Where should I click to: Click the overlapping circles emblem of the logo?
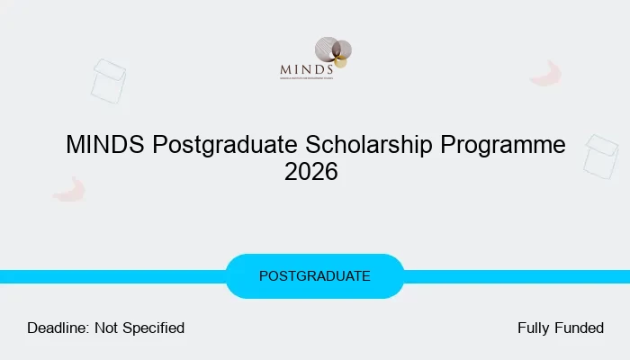(x=332, y=50)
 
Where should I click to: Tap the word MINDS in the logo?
(x=307, y=67)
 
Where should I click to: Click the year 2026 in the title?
(x=311, y=172)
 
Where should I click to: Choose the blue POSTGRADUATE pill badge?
(x=314, y=276)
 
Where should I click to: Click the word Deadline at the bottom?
(x=58, y=328)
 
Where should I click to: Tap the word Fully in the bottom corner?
(x=534, y=328)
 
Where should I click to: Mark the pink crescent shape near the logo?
(x=545, y=75)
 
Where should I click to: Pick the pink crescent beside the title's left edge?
(x=68, y=190)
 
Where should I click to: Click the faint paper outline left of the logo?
(x=108, y=80)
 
